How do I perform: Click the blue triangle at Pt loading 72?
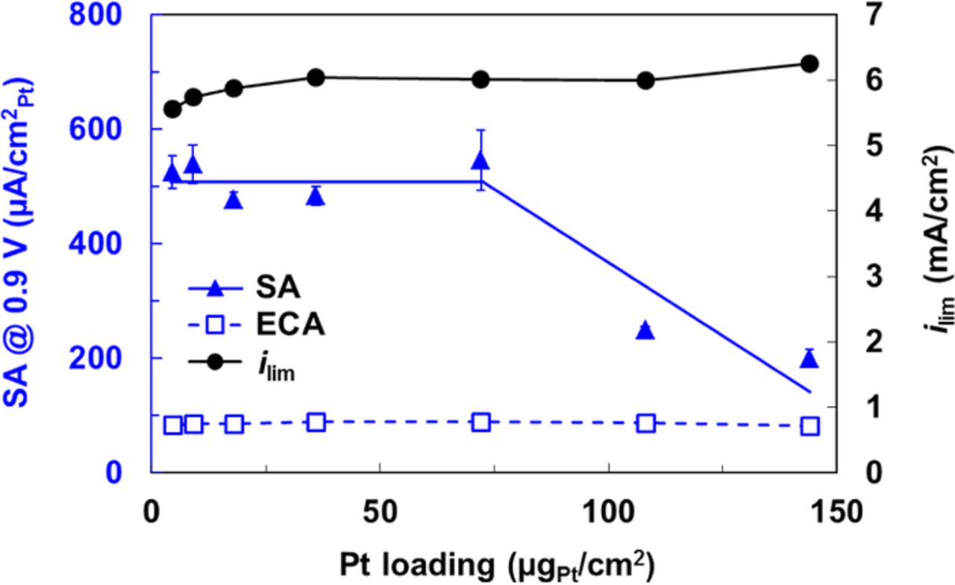(481, 160)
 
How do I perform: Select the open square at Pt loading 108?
(646, 424)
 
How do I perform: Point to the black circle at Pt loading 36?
(316, 77)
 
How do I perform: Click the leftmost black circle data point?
(173, 109)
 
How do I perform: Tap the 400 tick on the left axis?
(112, 243)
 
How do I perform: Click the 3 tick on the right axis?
(858, 277)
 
